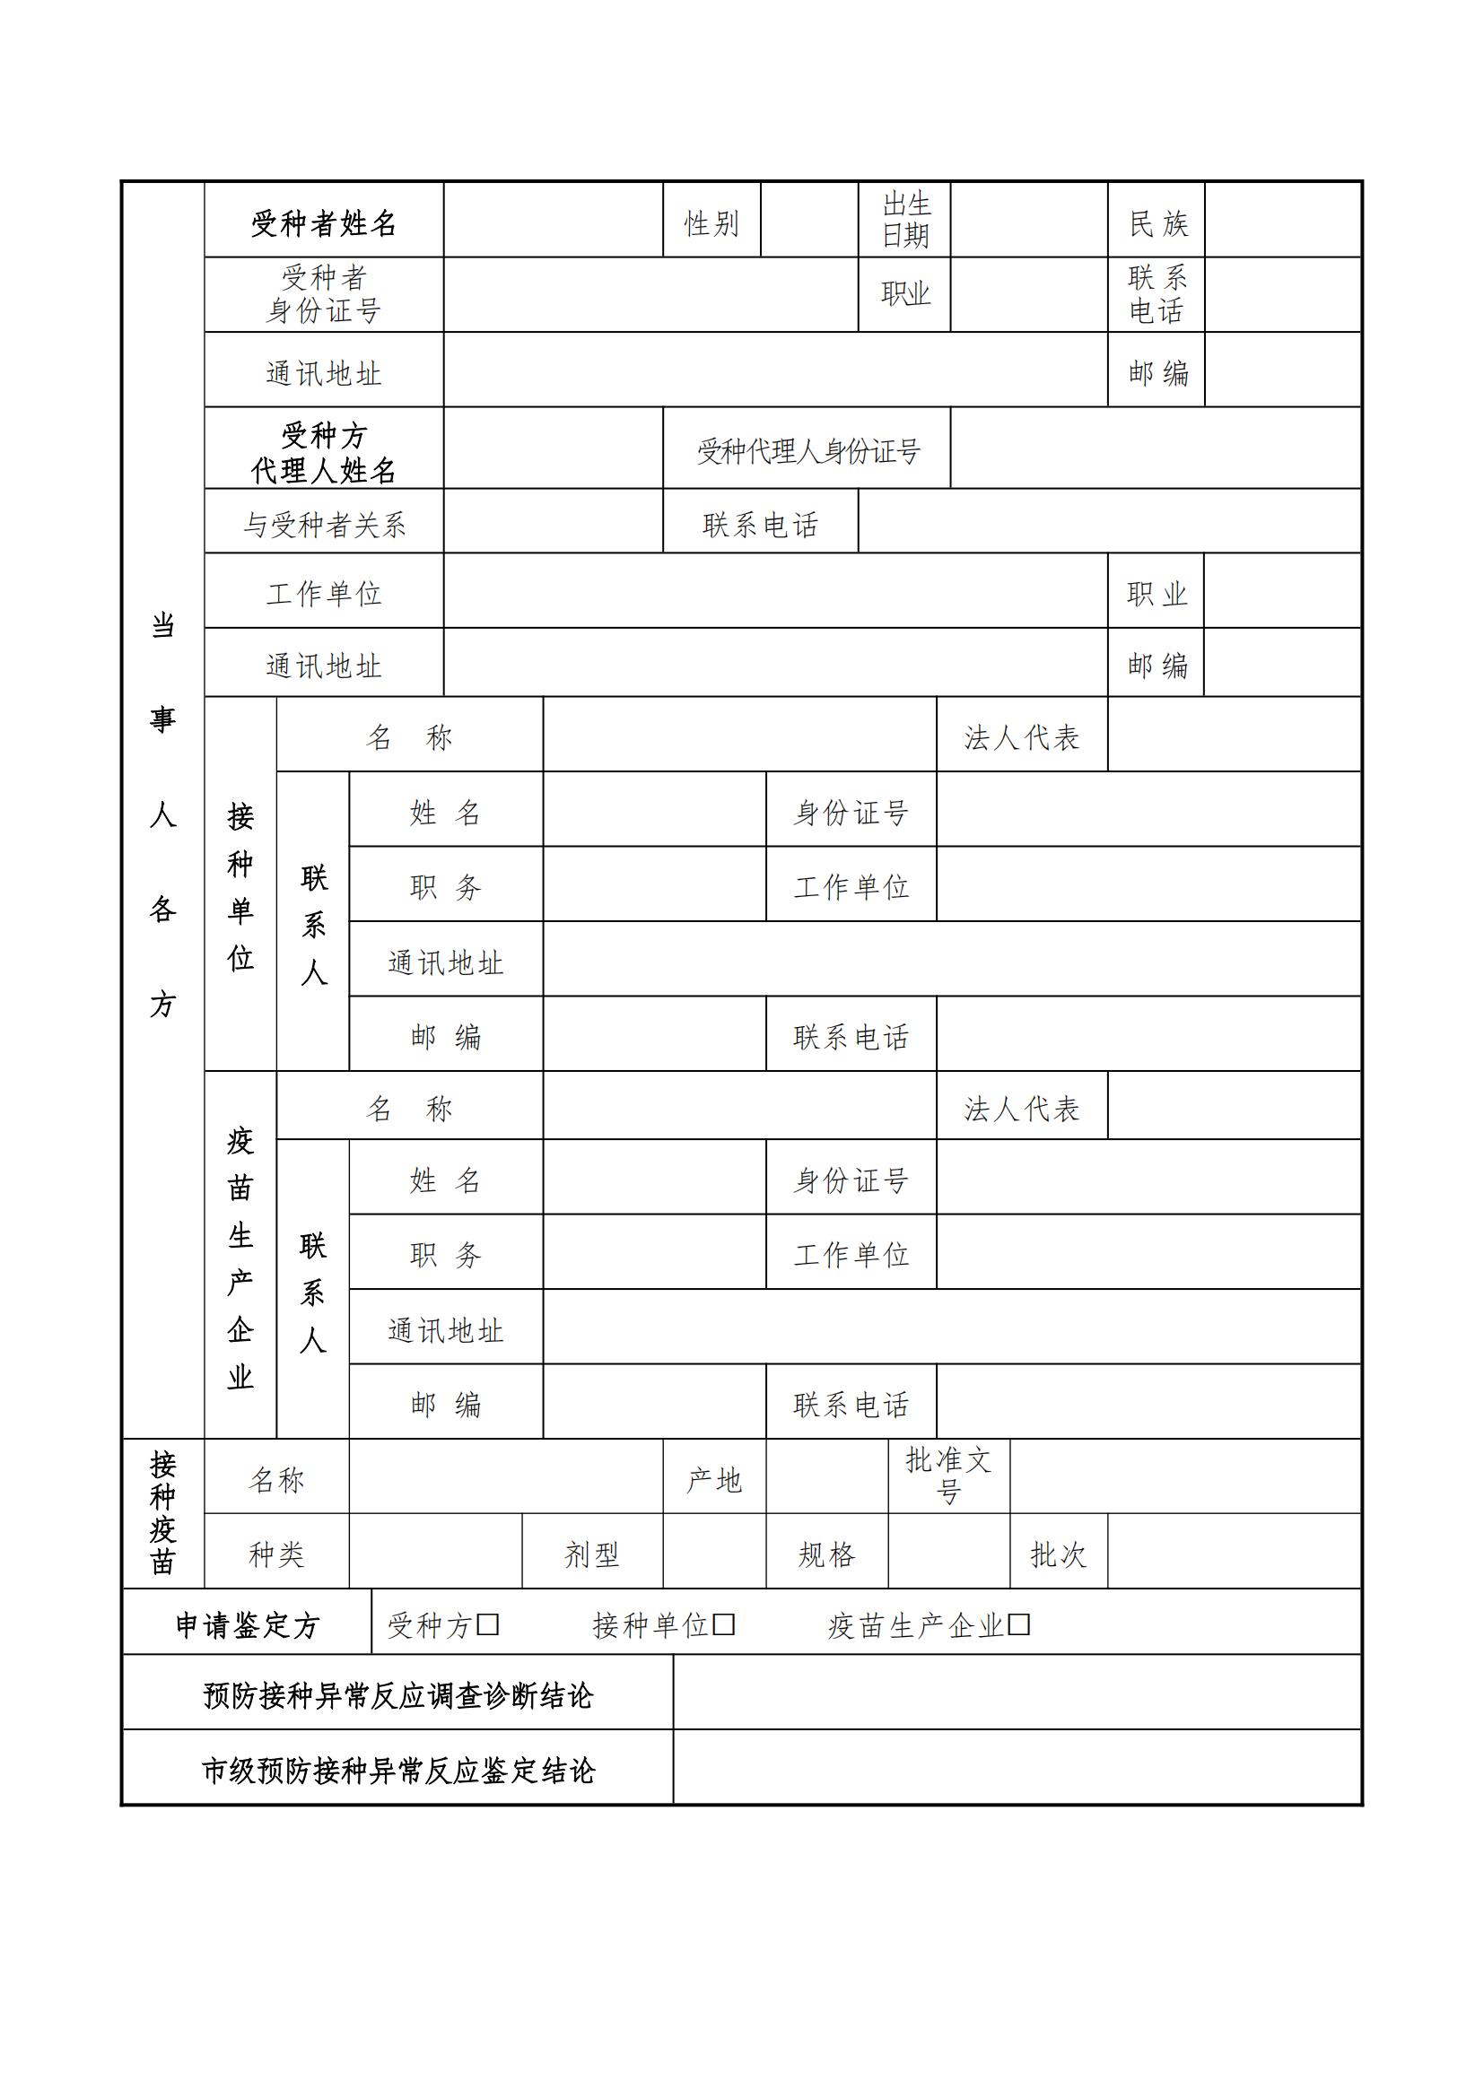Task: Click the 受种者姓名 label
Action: pos(324,223)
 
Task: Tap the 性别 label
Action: pos(711,223)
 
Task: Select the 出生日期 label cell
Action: pos(904,221)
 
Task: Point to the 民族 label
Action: pos(1157,223)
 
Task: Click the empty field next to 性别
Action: pos(808,221)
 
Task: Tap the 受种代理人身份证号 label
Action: pos(807,450)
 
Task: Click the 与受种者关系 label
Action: pos(324,525)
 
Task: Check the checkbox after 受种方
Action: pos(488,1624)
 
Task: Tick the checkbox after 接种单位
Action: pos(724,1624)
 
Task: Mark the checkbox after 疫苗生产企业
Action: pos(1019,1624)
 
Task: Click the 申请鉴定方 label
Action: pos(247,1625)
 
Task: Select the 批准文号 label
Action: pos(948,1476)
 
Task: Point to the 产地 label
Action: pos(713,1480)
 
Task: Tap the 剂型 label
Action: pos(591,1554)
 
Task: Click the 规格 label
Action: pos(826,1554)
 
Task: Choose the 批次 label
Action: pos(1058,1554)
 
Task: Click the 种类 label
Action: pos(276,1554)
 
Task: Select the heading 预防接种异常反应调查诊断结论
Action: pos(397,1696)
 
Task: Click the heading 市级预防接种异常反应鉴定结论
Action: pos(397,1771)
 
